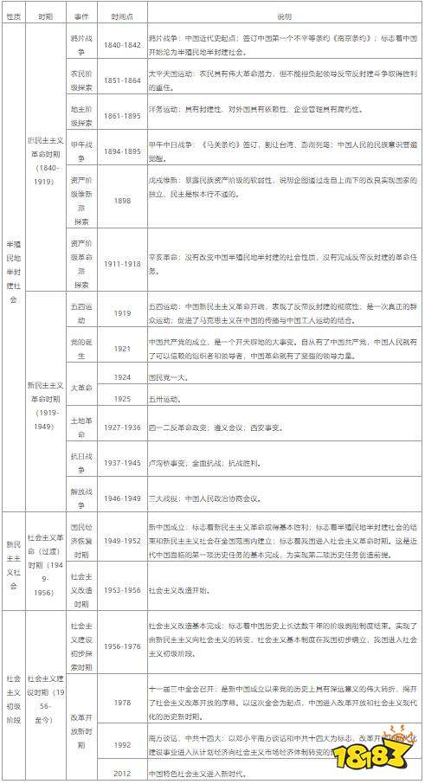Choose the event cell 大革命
(x=80, y=388)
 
